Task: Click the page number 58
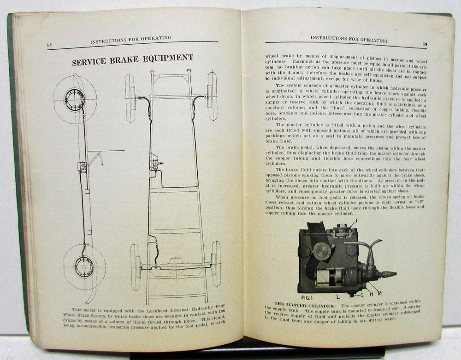click(49, 45)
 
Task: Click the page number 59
click(425, 44)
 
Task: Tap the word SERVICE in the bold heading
click(89, 62)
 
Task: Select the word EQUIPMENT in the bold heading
click(168, 58)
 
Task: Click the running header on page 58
click(130, 40)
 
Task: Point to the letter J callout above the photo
click(356, 221)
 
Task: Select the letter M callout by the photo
click(379, 293)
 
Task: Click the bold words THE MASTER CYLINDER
click(306, 305)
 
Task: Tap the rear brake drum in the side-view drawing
click(84, 267)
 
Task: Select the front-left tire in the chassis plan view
click(130, 98)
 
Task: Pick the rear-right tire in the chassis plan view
click(216, 264)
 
